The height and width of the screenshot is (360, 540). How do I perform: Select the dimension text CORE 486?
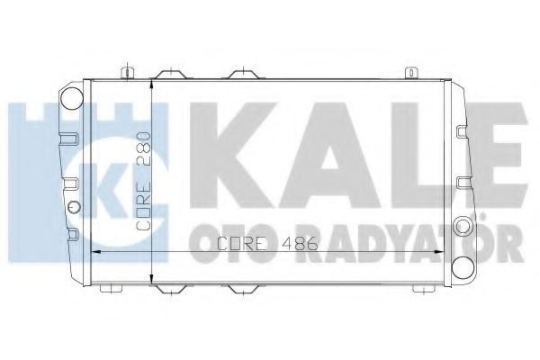[x=244, y=241]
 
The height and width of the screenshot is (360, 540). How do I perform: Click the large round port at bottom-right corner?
[x=463, y=267]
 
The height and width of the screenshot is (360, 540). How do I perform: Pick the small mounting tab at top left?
[x=131, y=71]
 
